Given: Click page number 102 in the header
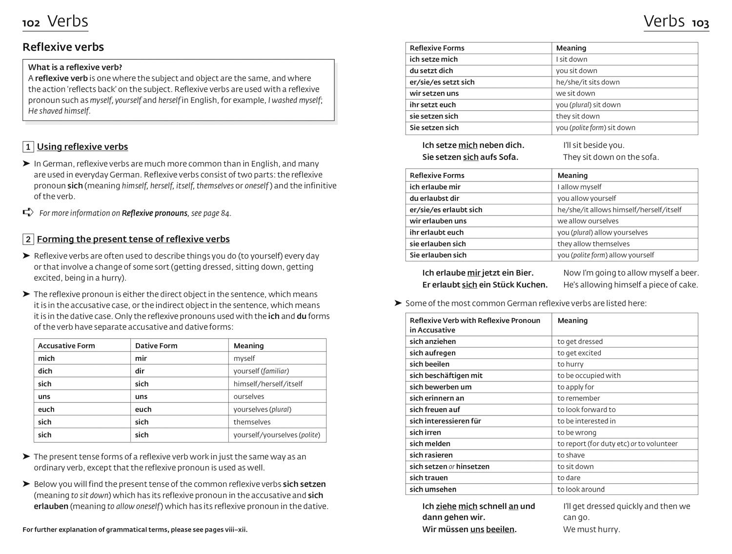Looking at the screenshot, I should (x=31, y=23).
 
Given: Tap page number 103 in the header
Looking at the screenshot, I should (x=700, y=23).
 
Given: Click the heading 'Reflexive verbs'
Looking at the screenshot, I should (x=63, y=47).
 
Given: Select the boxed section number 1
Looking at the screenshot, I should (x=28, y=147).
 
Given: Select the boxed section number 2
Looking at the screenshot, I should (x=28, y=239).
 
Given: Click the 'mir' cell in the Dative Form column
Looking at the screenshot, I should (x=141, y=358).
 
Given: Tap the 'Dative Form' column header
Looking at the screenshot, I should (x=156, y=345).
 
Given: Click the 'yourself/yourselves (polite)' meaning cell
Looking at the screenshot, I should (x=276, y=435).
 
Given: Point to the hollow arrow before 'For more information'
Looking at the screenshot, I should (x=28, y=212).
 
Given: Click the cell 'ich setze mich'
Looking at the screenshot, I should (x=433, y=59).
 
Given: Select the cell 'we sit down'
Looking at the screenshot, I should (x=575, y=93).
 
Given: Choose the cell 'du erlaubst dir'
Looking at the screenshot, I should (x=434, y=198).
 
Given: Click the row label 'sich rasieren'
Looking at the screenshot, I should (x=431, y=455).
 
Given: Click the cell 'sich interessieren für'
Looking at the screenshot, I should (x=445, y=421).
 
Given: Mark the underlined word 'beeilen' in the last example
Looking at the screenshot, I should (x=500, y=529).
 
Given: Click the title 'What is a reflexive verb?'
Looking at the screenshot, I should (x=75, y=67).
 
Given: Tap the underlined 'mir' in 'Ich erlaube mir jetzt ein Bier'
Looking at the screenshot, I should (x=473, y=273).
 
